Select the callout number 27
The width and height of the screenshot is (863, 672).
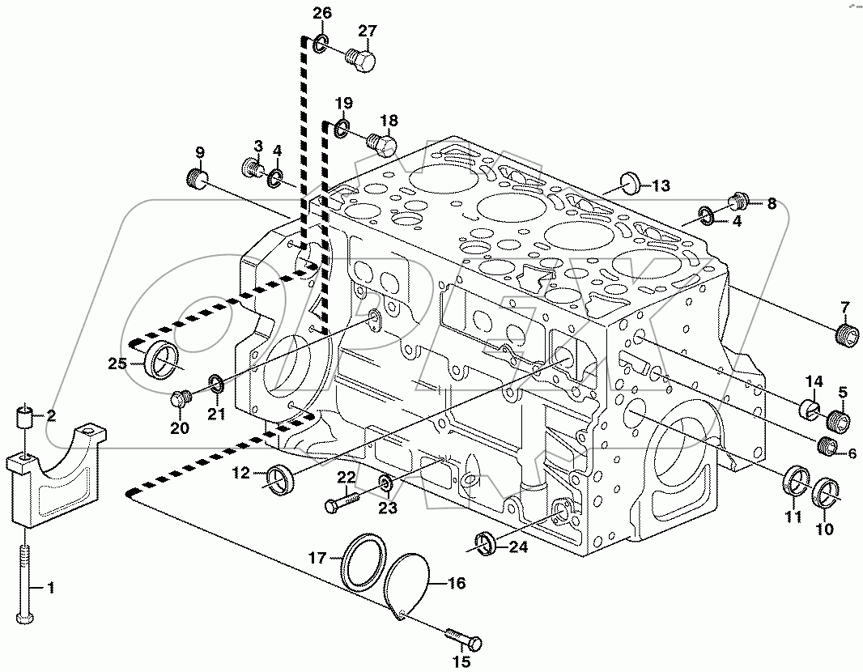[368, 32]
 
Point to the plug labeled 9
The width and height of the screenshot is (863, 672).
[198, 178]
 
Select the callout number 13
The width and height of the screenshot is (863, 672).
[661, 186]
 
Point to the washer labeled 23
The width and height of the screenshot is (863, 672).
[386, 484]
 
